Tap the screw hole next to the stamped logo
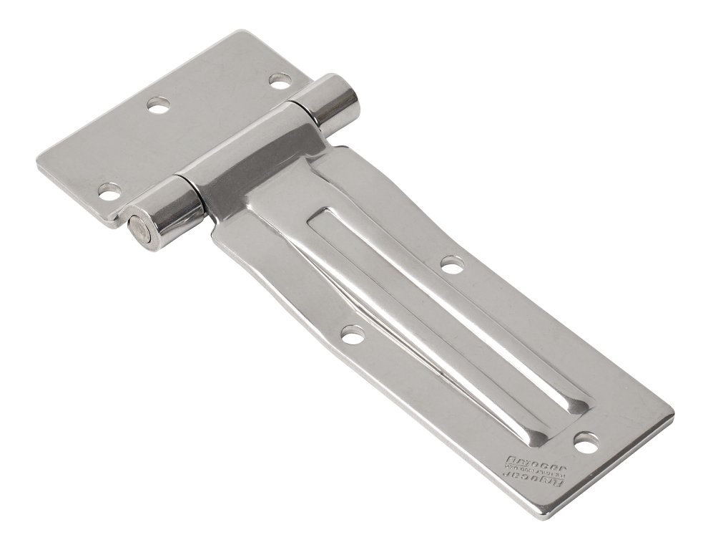click(x=586, y=444)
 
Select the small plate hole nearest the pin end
click(x=109, y=191)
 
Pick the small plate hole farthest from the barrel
click(x=159, y=105)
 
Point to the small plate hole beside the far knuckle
click(x=280, y=80)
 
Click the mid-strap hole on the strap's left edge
click(x=352, y=334)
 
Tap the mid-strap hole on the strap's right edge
click(x=452, y=265)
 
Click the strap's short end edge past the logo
click(x=608, y=465)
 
